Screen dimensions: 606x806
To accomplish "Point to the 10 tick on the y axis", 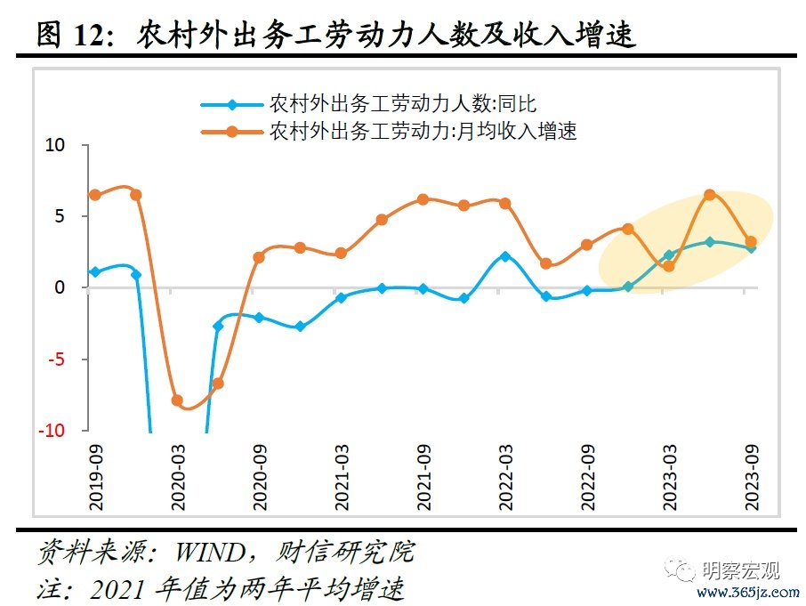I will click(x=55, y=145).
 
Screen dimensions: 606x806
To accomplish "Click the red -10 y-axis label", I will click(x=51, y=431).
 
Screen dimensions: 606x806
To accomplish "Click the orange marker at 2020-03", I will click(x=177, y=400).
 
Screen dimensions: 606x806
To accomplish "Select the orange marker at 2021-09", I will click(x=423, y=199).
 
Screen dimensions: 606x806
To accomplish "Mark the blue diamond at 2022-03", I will click(x=505, y=256).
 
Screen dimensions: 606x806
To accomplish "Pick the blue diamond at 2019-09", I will click(x=95, y=271).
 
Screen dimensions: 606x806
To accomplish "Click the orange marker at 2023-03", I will click(x=669, y=266).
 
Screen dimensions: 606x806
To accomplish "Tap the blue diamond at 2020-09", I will click(x=259, y=317).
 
